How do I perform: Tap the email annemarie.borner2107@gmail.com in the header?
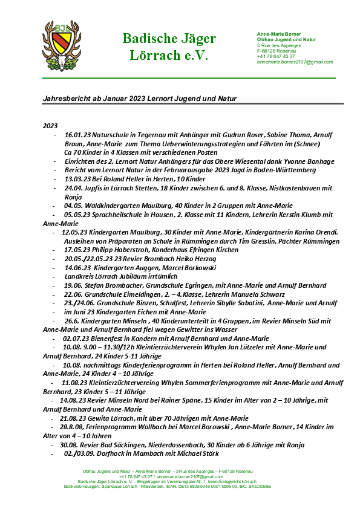point(295,62)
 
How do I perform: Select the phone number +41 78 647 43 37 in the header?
point(276,56)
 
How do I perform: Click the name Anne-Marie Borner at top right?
point(279,34)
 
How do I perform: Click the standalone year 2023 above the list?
point(50,125)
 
